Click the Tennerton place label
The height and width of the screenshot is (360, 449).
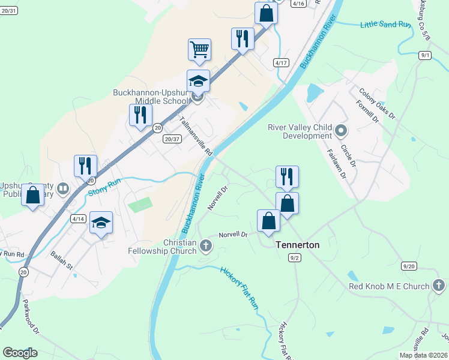click(297, 245)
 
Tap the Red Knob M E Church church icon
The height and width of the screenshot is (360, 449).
click(438, 286)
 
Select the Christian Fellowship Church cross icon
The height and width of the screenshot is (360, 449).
click(205, 245)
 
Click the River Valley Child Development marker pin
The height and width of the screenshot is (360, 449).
click(341, 130)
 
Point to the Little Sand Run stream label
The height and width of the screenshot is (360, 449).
click(385, 25)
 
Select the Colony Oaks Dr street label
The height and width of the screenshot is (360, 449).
click(377, 103)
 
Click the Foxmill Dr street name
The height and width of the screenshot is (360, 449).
click(367, 112)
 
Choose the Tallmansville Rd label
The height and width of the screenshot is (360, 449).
click(196, 136)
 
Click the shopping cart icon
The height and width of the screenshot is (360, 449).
click(199, 49)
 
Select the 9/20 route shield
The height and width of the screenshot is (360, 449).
click(409, 266)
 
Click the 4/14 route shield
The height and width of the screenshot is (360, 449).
click(79, 219)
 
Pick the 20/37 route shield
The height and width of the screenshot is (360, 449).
click(172, 139)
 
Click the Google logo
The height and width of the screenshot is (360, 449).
click(20, 353)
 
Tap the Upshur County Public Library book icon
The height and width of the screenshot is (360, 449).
click(62, 190)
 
